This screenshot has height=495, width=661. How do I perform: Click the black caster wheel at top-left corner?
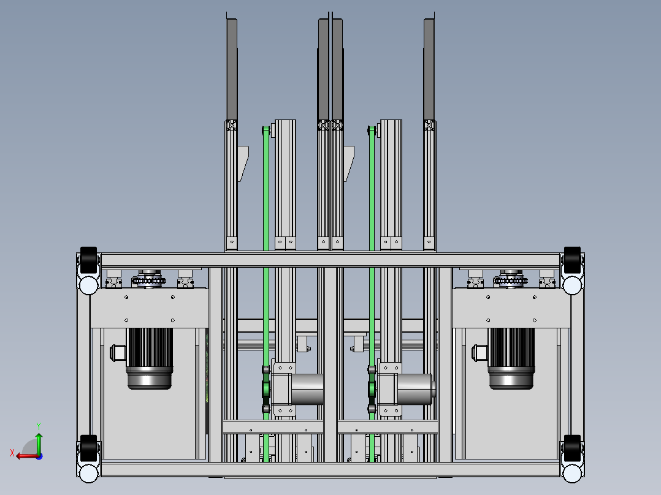coord(88,260)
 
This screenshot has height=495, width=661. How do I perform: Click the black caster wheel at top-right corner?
coord(572,260)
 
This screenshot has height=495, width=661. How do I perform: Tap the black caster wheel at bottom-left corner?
coord(88,448)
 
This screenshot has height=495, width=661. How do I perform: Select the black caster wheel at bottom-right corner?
coord(572,448)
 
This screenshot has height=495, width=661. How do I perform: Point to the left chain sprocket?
coord(149,280)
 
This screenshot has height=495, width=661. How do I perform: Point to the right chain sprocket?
coord(511,280)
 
